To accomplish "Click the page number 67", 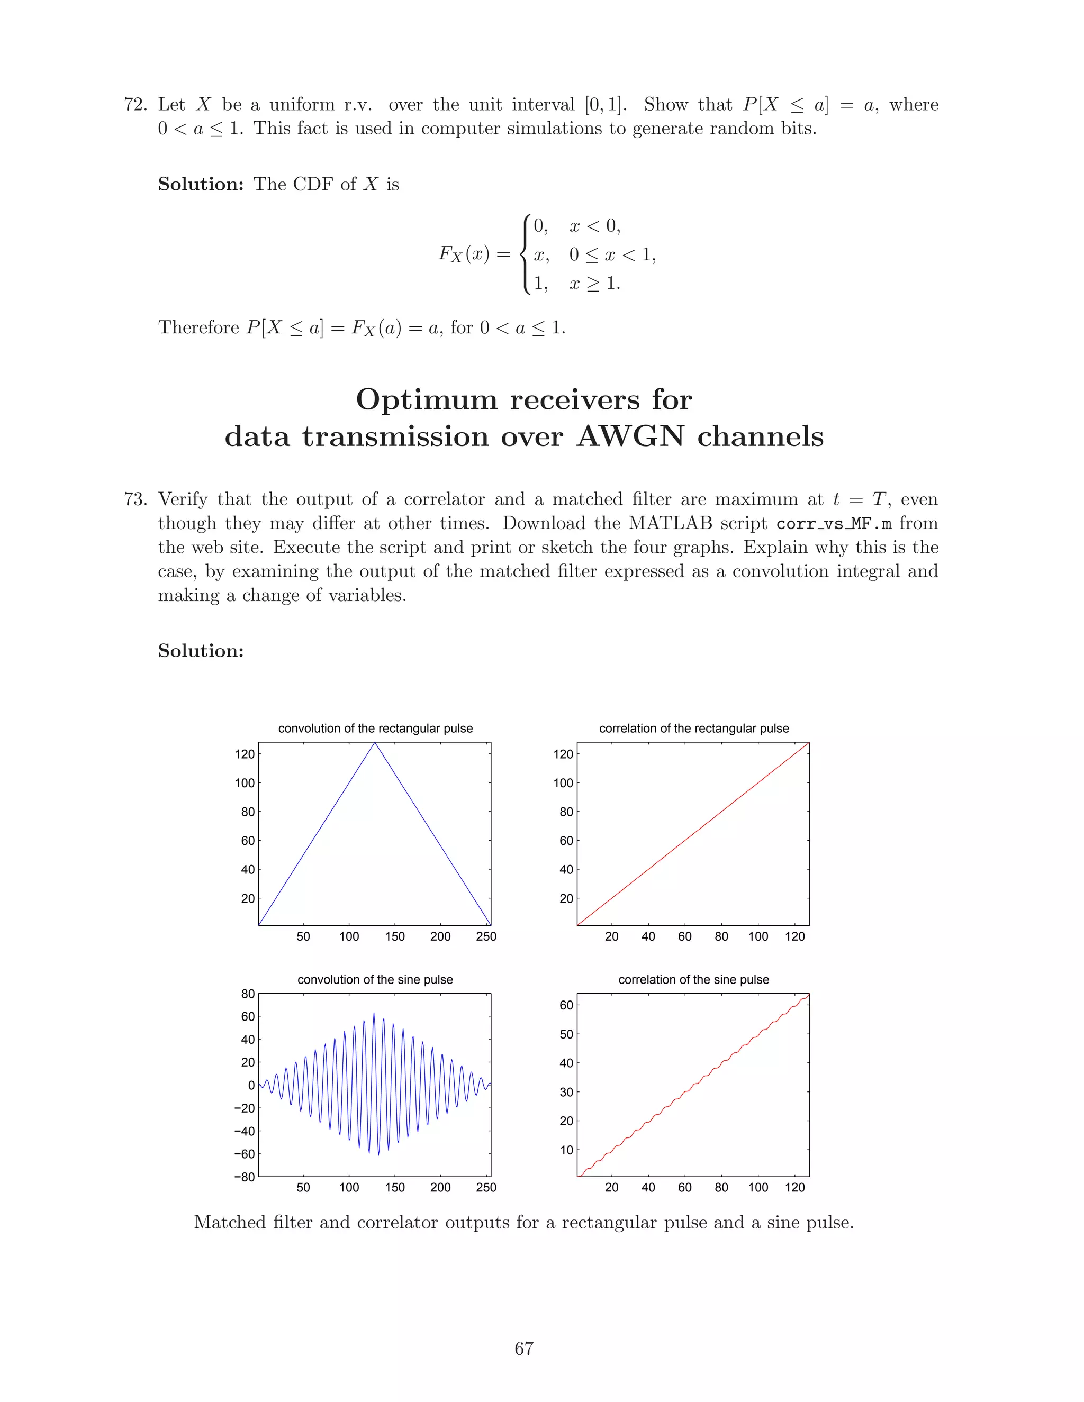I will [x=523, y=1349].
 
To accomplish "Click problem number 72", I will [x=135, y=105].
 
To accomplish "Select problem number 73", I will [x=135, y=499].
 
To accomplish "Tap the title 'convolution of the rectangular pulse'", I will [x=375, y=729].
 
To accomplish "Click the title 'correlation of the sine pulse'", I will [x=693, y=980].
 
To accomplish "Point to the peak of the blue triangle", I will [x=375, y=743].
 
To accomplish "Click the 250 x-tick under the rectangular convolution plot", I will [x=486, y=936].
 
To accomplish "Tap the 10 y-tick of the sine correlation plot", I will [x=566, y=1150].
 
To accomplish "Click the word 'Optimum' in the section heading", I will [x=427, y=400].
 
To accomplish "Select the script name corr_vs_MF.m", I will [x=834, y=524].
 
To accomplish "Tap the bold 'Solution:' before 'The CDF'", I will [x=201, y=184].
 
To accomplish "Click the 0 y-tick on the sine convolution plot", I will [x=251, y=1086].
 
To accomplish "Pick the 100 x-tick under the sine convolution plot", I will [x=349, y=1188].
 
